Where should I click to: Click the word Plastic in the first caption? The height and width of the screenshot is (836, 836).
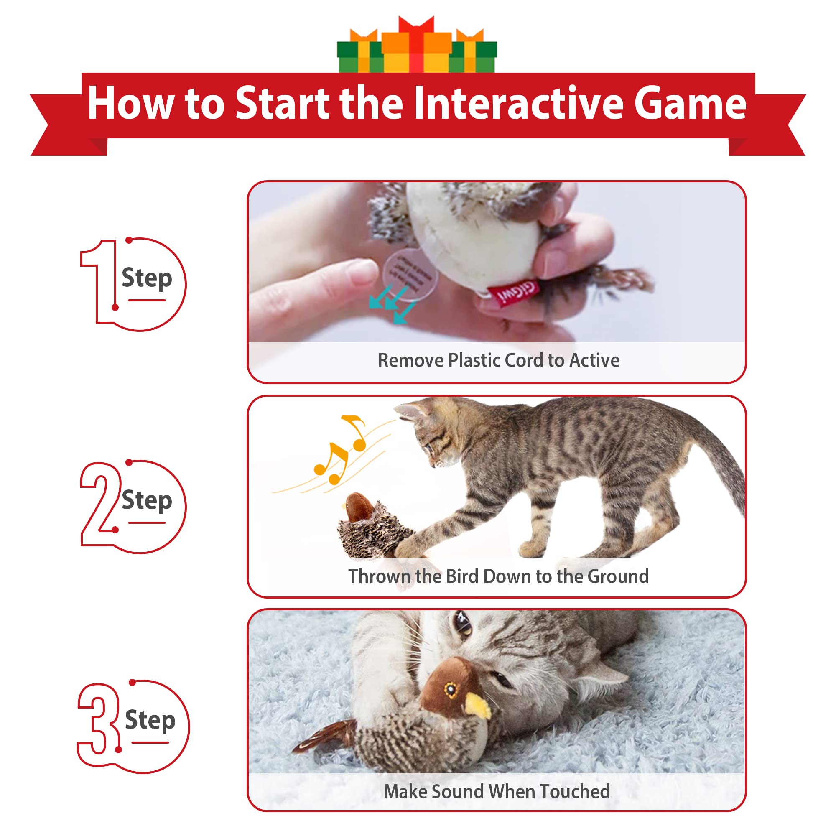click(474, 360)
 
